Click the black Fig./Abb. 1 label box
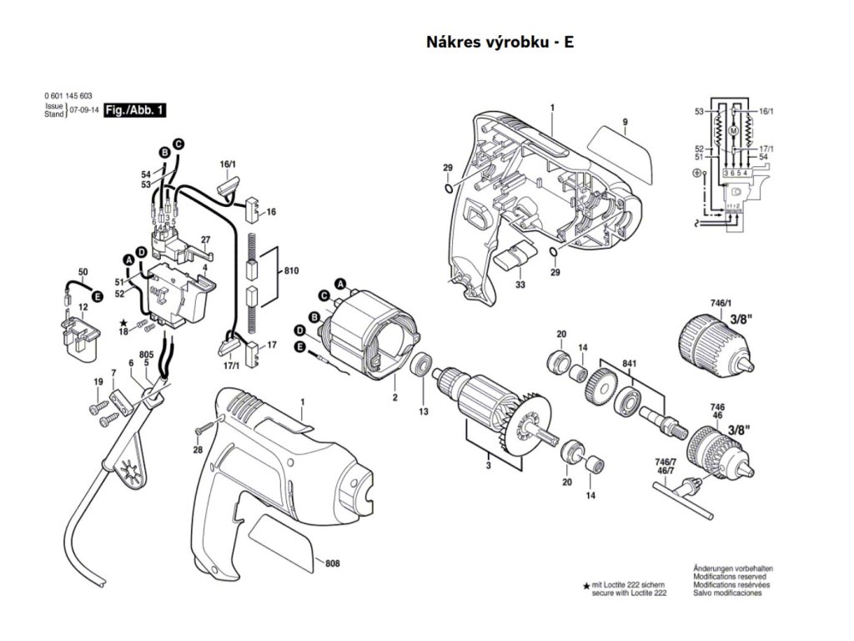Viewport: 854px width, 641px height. point(134,110)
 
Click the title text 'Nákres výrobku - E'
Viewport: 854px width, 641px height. point(500,42)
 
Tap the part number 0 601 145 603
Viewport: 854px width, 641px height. point(68,96)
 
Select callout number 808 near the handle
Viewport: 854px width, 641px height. point(332,563)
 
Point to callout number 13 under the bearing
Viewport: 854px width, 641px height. point(423,411)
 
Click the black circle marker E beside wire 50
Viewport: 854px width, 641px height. point(98,296)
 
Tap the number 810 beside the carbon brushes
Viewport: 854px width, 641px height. point(291,271)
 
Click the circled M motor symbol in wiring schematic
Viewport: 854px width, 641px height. point(733,131)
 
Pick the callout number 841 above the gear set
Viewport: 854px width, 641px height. point(630,364)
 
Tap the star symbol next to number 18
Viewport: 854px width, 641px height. point(123,324)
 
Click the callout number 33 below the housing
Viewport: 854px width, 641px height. point(520,285)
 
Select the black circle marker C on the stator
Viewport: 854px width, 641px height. point(324,296)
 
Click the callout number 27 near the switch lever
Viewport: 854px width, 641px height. point(205,240)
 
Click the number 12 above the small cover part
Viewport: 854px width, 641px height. point(83,307)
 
